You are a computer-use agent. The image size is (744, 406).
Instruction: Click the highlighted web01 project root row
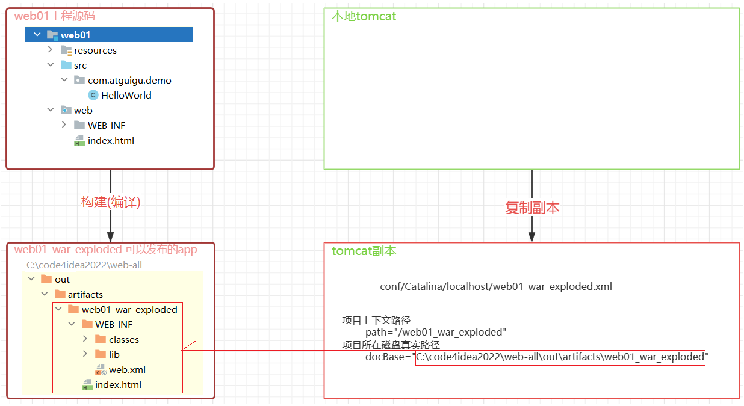(x=109, y=35)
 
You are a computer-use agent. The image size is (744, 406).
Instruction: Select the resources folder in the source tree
(x=95, y=51)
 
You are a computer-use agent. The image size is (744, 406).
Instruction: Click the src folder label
(x=79, y=66)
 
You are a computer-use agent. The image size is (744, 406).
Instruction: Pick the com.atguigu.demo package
(x=129, y=81)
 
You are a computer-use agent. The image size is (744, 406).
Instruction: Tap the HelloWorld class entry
(x=126, y=96)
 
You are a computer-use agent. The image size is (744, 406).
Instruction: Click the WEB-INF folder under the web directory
(x=106, y=126)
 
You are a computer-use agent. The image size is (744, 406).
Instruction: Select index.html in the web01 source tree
(x=110, y=141)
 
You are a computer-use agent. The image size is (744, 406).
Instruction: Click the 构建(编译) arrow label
(x=111, y=203)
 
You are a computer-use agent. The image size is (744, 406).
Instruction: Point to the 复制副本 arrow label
(x=532, y=208)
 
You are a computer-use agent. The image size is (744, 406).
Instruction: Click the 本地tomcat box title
(x=364, y=16)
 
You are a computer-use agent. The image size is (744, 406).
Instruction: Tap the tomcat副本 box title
(x=364, y=251)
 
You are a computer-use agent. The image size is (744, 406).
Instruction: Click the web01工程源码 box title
(x=55, y=16)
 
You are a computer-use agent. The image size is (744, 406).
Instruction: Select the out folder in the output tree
(x=62, y=280)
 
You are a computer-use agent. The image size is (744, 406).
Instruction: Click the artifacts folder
(x=85, y=295)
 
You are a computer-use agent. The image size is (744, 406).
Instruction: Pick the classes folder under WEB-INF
(x=123, y=340)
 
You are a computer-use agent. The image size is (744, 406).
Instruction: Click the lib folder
(x=114, y=355)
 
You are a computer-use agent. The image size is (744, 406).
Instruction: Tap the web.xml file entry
(x=126, y=370)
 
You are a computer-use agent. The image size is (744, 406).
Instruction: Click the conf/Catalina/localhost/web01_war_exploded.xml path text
(x=495, y=287)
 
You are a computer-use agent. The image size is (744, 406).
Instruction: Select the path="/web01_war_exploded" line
(x=436, y=333)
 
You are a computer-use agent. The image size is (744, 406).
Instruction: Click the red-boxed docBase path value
(x=560, y=357)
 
